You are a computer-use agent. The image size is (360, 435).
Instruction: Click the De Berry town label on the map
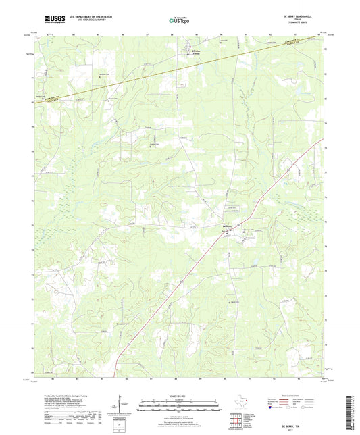[228, 226]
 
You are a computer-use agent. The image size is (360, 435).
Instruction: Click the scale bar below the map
[180, 407]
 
